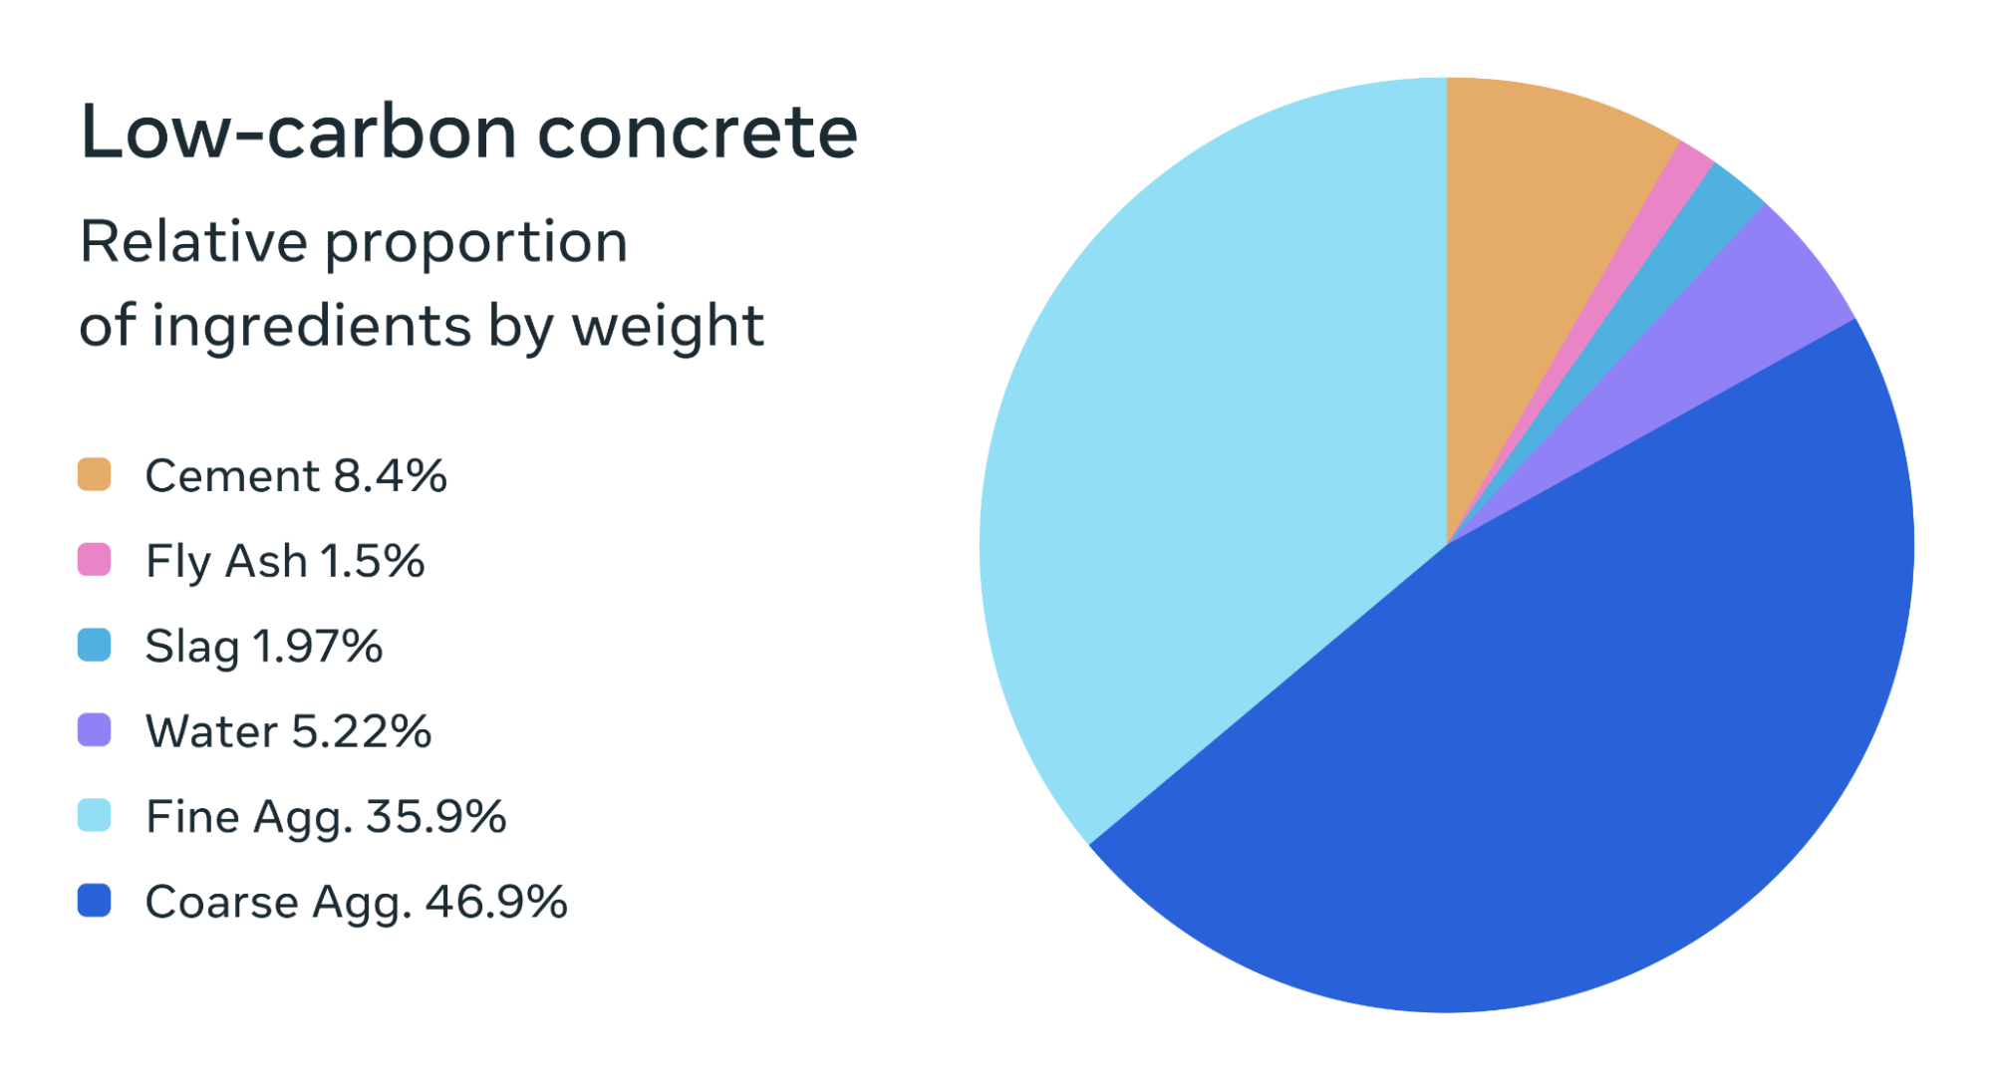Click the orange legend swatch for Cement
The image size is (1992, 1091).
point(94,474)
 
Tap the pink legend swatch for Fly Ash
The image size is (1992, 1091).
point(94,560)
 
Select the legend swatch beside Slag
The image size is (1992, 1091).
point(94,645)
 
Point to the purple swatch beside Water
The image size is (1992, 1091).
point(94,730)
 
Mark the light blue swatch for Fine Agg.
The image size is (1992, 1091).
point(94,815)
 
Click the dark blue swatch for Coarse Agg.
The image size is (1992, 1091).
point(94,901)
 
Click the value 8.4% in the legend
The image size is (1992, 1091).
point(390,475)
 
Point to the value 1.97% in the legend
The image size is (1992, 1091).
point(317,646)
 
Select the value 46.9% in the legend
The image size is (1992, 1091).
point(495,902)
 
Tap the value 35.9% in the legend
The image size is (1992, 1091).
point(435,817)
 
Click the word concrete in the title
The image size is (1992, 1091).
point(697,133)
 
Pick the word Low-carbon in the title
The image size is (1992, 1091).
point(297,133)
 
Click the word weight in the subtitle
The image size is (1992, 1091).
point(667,327)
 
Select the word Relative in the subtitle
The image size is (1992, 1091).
point(193,242)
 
